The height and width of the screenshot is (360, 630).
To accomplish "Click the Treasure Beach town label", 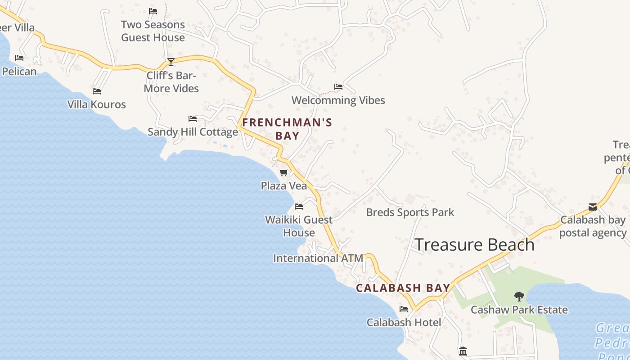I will coord(474,245).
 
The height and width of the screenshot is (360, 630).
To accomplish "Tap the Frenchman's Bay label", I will coord(287,129).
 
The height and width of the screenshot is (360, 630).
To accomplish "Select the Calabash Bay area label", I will coord(403,288).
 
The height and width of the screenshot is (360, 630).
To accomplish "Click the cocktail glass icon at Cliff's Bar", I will coord(171,62).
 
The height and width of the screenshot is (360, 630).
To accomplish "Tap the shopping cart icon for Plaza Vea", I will coord(284,172).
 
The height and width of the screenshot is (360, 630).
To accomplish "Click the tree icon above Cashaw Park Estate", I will coord(519,296).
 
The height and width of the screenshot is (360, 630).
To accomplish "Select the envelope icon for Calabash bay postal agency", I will coord(593,207).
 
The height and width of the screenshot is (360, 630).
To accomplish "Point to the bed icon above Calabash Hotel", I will coord(404,309).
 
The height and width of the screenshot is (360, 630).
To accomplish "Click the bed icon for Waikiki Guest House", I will coord(299,207).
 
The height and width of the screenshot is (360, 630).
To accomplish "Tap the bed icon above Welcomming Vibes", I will coord(338,87).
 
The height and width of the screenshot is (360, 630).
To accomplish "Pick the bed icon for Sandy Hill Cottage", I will coord(193,119).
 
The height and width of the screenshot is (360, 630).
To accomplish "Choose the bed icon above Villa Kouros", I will coord(97,91).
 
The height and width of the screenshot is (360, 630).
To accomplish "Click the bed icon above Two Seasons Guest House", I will coord(153,11).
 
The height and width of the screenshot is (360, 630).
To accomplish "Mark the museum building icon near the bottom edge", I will coord(463,351).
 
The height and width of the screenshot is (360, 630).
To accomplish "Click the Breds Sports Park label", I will coord(410,212).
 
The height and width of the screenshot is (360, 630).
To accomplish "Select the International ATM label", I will coord(318,258).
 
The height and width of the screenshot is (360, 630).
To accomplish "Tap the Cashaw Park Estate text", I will coord(519,310).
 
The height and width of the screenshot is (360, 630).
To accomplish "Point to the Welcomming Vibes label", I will coord(338,100).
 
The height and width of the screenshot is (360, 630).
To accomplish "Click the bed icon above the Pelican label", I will coord(19,58).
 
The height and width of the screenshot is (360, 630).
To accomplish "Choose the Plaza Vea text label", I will coord(284,186).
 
